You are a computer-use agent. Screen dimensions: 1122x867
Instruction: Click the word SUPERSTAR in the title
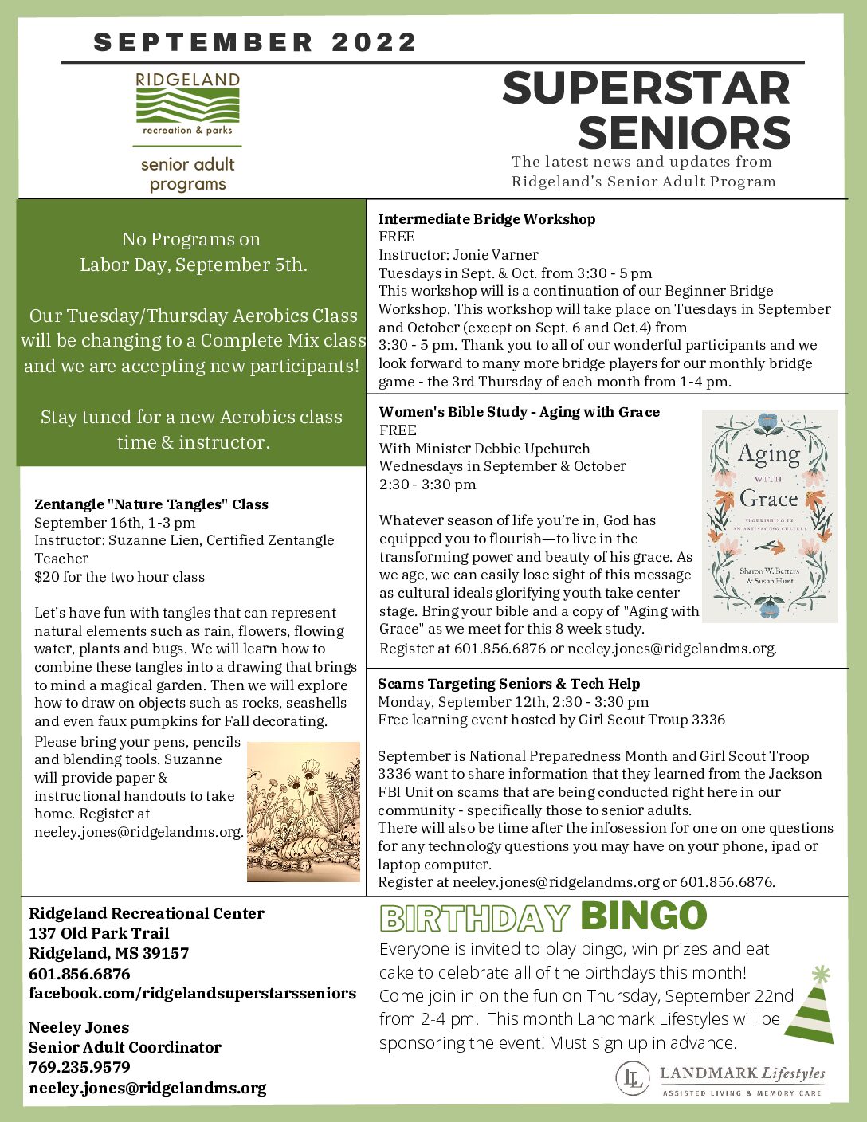tap(646, 88)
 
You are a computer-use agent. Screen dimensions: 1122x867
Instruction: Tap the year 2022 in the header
tap(375, 42)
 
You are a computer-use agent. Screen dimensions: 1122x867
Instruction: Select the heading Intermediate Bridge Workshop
tap(486, 219)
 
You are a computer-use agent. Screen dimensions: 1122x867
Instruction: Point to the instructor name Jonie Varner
tap(496, 255)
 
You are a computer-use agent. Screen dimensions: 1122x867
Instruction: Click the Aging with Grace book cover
tap(769, 516)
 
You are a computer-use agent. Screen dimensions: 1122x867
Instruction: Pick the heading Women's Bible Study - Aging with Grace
tap(519, 412)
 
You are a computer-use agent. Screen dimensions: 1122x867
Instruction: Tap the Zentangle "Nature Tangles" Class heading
tap(151, 504)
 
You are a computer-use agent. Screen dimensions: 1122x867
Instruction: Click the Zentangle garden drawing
tap(303, 811)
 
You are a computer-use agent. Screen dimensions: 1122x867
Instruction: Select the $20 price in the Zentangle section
tap(45, 577)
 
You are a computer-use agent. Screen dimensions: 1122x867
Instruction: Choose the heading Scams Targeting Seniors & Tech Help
tap(508, 684)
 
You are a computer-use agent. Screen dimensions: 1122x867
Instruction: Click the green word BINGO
tap(643, 916)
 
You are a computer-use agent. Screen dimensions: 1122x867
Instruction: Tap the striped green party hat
tap(810, 1007)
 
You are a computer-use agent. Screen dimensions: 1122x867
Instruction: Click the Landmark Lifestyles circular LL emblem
tap(632, 1078)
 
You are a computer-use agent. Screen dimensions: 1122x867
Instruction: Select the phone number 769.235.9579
tap(80, 1067)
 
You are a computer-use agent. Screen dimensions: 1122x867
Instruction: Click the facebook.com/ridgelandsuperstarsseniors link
tap(192, 994)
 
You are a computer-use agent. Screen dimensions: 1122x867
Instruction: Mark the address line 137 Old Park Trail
tap(99, 933)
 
